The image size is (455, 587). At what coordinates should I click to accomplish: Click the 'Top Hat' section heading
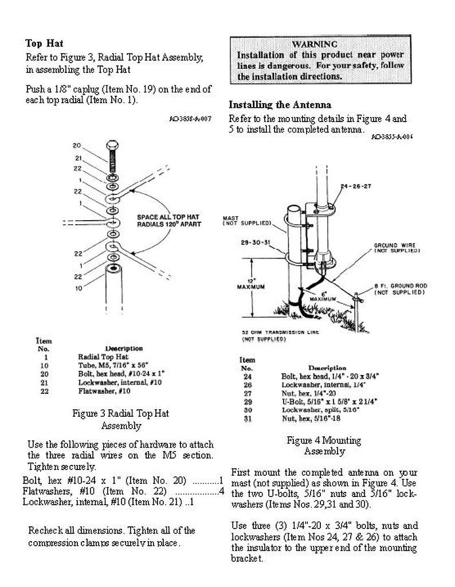tap(44, 44)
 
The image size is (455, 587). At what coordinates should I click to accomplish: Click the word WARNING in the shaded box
tap(314, 44)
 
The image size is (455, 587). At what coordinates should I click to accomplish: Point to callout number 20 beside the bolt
tap(77, 146)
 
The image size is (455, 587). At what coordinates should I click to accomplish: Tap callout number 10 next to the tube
tap(77, 287)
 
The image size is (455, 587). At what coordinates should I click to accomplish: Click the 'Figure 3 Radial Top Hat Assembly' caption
tap(120, 419)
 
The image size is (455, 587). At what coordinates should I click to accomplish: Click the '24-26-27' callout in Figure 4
tap(355, 186)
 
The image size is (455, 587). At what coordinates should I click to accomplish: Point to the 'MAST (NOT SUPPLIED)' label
tap(238, 220)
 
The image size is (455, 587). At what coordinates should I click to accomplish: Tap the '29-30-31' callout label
tap(256, 242)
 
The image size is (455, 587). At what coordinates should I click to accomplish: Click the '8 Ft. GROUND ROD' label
tap(399, 288)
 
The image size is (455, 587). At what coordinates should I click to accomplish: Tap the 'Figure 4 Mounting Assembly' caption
tap(324, 445)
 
